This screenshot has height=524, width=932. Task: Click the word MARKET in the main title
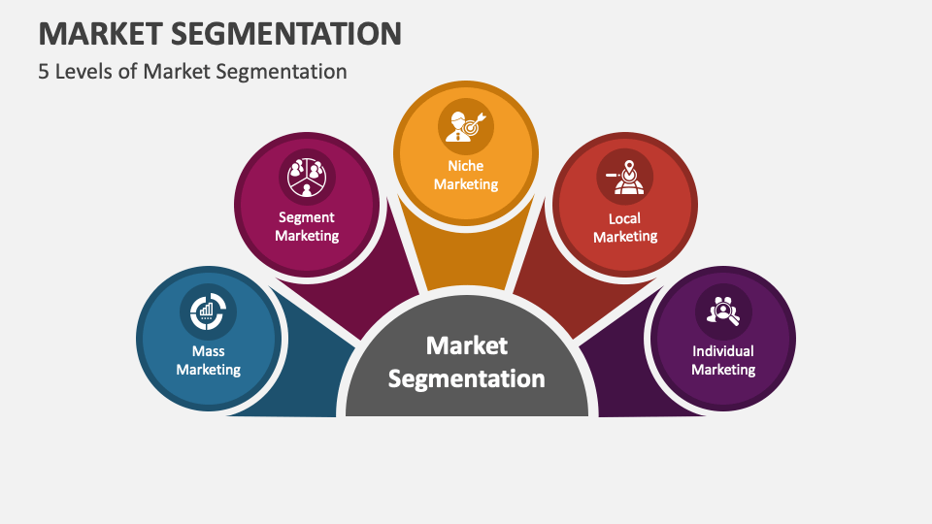click(101, 33)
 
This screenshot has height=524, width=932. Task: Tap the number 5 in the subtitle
click(45, 71)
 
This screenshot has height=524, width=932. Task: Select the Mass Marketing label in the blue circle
click(209, 360)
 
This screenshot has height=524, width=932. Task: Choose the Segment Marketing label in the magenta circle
click(307, 226)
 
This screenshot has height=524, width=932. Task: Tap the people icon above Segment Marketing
click(306, 175)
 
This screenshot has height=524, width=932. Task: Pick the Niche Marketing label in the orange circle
click(466, 175)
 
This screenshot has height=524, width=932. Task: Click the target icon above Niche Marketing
click(466, 124)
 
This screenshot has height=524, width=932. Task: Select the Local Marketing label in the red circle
click(625, 227)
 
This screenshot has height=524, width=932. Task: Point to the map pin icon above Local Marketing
click(625, 175)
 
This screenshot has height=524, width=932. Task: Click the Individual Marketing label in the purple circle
click(723, 360)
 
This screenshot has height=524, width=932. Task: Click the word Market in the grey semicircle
click(467, 345)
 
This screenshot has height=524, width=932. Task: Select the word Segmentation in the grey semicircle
click(467, 378)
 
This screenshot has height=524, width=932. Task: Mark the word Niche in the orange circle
click(466, 166)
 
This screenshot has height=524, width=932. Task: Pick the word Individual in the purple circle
click(723, 351)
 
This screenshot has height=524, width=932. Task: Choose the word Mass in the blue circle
click(209, 351)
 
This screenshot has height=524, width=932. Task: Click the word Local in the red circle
click(625, 218)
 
